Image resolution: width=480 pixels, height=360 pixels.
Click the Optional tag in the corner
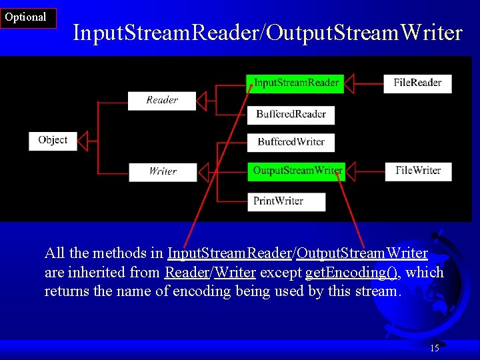[x=27, y=18]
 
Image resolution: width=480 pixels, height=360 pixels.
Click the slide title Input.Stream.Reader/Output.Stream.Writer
[x=267, y=32]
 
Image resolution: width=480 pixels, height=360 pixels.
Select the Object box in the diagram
[x=53, y=140]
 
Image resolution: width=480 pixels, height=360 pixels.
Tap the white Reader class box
[x=162, y=100]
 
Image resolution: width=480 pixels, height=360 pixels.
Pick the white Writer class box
[x=163, y=171]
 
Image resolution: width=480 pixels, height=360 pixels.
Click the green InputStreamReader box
[x=296, y=83]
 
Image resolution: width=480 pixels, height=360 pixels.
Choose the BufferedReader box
[x=291, y=114]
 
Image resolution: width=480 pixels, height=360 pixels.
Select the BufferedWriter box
[x=291, y=142]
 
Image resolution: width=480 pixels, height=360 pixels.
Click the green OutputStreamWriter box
[x=297, y=171]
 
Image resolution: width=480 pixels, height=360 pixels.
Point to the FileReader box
[x=417, y=83]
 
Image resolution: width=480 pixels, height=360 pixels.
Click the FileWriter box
[x=418, y=171]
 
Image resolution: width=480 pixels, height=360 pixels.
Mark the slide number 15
[x=435, y=348]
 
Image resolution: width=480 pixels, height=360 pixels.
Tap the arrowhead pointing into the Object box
[x=83, y=140]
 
